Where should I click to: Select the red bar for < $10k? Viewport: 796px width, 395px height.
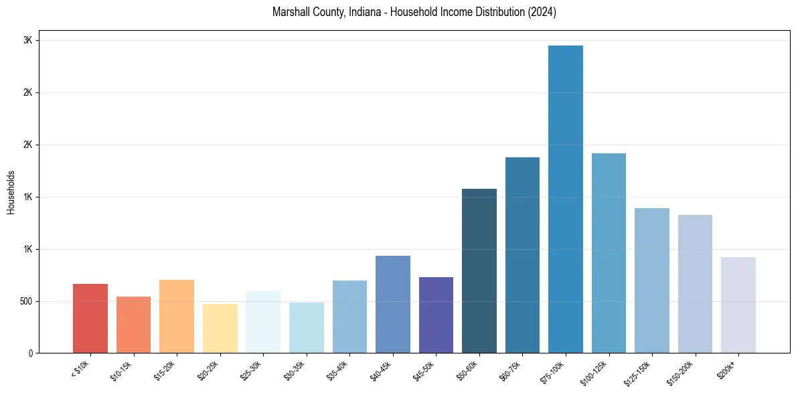[90, 318]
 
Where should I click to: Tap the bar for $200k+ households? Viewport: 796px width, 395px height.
[738, 305]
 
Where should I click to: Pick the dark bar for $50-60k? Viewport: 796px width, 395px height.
[479, 270]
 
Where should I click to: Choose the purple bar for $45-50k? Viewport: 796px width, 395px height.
[436, 315]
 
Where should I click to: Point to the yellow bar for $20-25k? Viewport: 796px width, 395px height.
[220, 328]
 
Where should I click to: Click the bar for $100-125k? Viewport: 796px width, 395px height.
[609, 253]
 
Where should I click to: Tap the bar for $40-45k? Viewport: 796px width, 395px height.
[393, 304]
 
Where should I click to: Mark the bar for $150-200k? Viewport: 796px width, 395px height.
[695, 284]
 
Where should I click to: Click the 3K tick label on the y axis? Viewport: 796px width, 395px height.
[27, 40]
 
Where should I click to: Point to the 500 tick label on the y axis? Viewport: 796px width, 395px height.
[25, 301]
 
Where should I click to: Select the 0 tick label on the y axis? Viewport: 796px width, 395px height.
[30, 353]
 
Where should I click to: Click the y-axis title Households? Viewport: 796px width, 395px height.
[11, 192]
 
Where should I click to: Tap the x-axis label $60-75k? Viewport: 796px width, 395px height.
[510, 370]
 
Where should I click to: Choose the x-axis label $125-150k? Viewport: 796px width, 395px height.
[638, 372]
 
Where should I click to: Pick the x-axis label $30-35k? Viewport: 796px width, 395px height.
[294, 370]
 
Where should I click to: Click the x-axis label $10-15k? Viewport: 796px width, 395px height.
[121, 370]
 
